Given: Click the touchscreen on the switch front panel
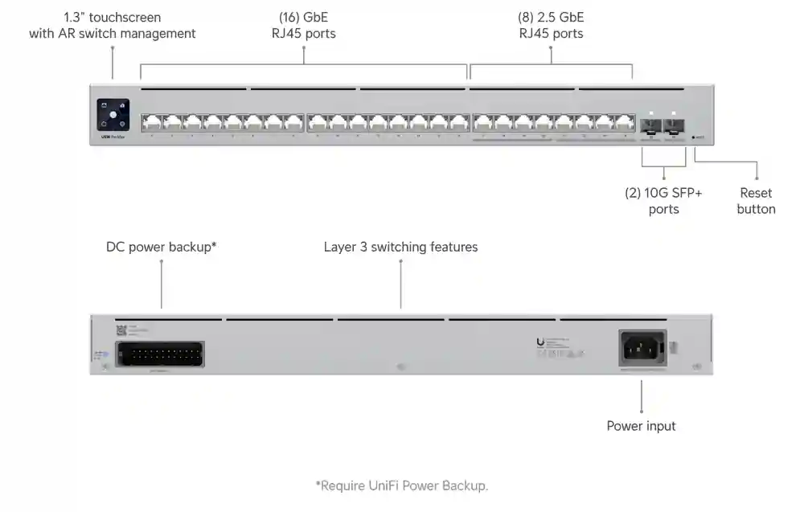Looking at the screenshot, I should [x=113, y=114].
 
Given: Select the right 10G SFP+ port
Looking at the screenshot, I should [x=673, y=125].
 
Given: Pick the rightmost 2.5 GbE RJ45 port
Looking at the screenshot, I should [x=625, y=123].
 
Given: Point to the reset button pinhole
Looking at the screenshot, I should [x=693, y=137].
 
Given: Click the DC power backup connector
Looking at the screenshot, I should [x=159, y=354].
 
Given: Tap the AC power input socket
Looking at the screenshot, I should [x=642, y=349].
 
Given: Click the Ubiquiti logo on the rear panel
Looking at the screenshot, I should [x=539, y=342].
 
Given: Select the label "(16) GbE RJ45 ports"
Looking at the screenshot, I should [x=303, y=25].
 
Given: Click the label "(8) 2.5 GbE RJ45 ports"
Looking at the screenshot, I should [x=551, y=25].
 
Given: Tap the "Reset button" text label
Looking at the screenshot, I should [x=756, y=201].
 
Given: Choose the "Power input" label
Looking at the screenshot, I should [x=641, y=426].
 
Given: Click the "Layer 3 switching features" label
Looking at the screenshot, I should [x=400, y=247].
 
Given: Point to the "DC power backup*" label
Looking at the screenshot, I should [x=162, y=247].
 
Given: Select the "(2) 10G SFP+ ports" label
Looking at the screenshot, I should [x=663, y=201].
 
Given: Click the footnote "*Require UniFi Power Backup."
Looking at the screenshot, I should [x=401, y=485].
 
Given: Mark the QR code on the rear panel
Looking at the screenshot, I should [x=122, y=330].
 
